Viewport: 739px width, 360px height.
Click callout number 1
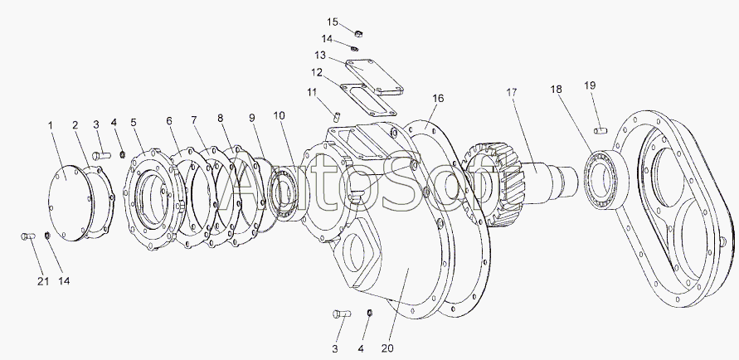coord(51,125)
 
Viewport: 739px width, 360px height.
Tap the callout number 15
coord(332,21)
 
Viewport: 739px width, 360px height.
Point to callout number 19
coord(590,85)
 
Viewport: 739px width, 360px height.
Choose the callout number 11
coord(311,91)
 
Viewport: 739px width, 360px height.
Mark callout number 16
coord(438,98)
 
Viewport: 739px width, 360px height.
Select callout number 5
coord(134,122)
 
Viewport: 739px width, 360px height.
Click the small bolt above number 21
coord(26,238)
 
